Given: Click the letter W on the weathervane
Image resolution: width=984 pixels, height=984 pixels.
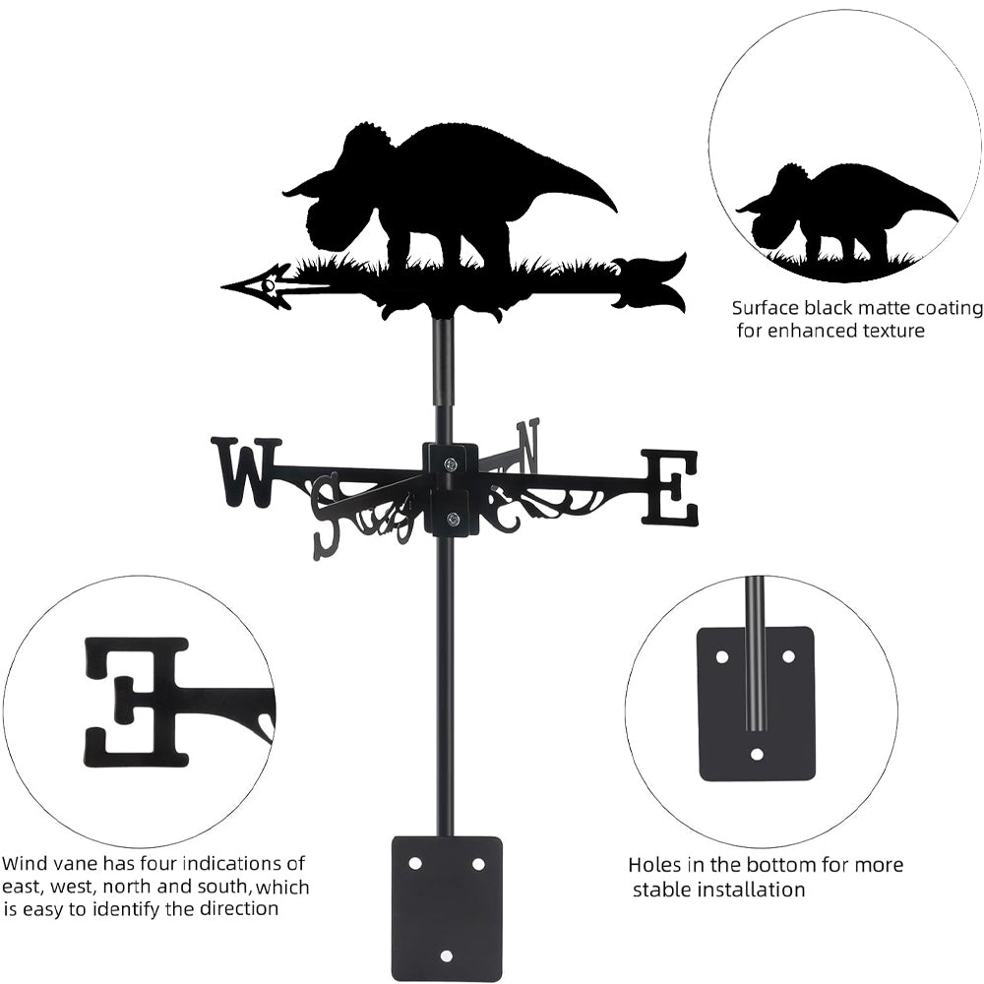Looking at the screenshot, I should [246, 472].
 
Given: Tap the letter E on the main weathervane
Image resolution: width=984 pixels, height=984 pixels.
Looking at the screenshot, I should [670, 487].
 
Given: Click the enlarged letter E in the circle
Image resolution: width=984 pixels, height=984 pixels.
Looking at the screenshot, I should [138, 701].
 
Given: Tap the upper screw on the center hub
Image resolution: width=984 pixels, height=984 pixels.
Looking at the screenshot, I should [451, 464].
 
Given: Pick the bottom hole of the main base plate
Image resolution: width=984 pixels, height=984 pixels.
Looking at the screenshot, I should [447, 954].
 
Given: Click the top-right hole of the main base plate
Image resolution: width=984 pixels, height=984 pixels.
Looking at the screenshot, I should [478, 863].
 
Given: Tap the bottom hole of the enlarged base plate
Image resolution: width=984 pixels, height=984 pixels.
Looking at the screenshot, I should [757, 755].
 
